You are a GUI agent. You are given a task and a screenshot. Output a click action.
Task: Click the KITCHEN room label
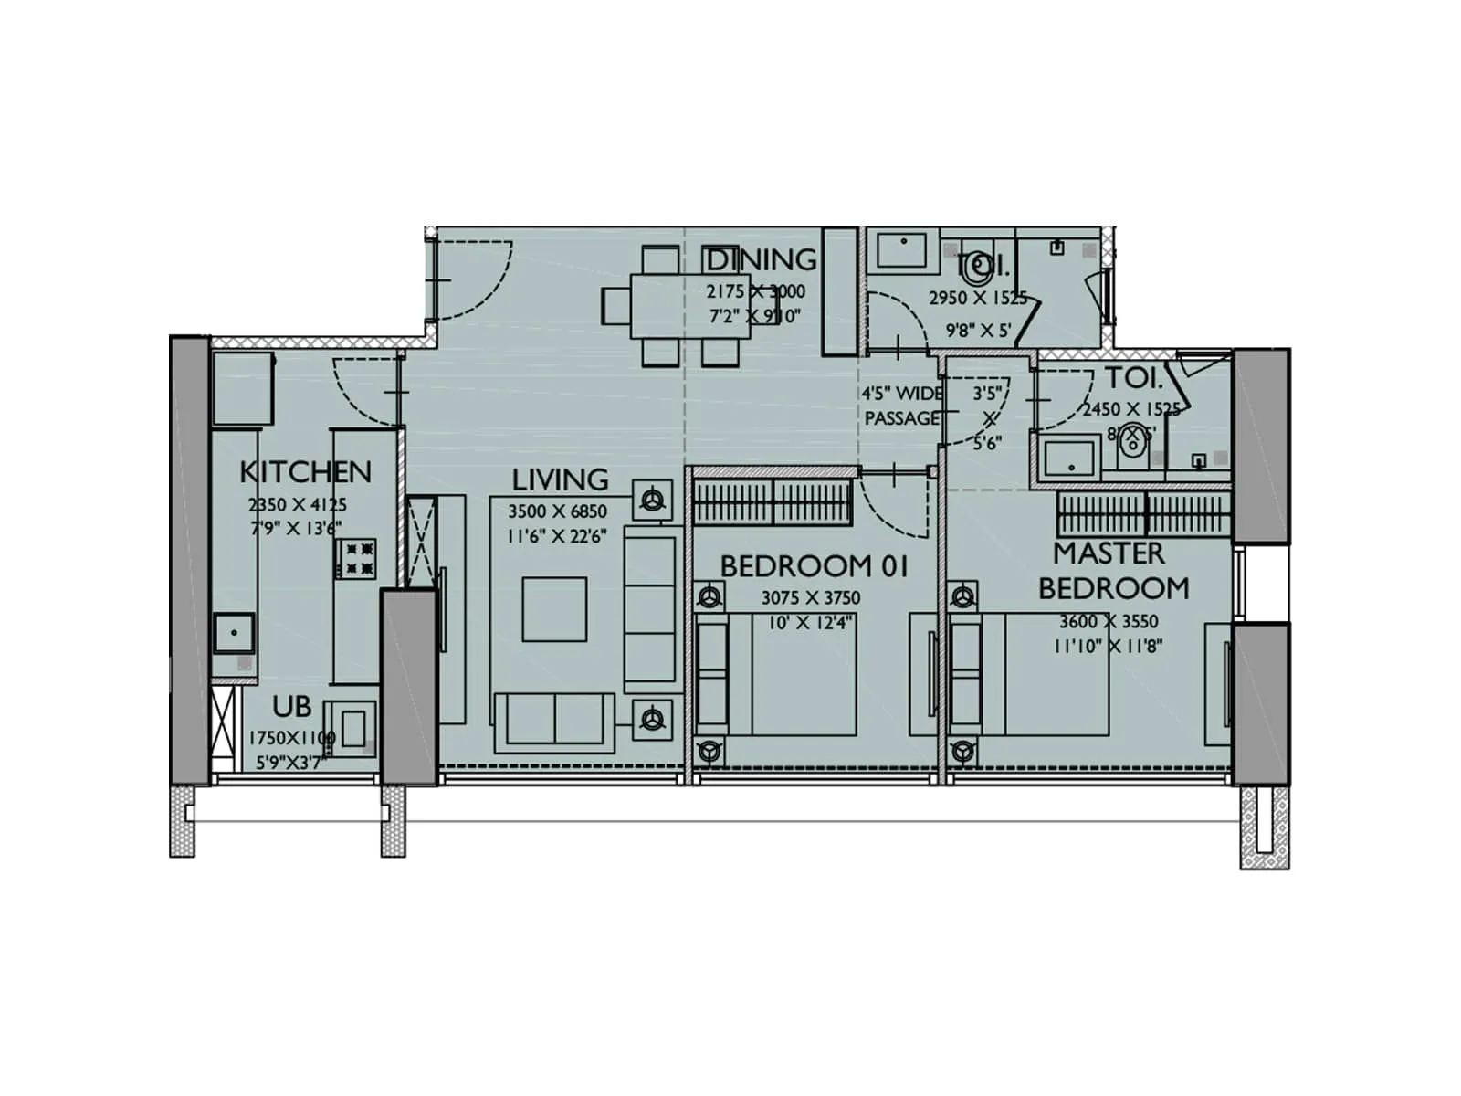[305, 472]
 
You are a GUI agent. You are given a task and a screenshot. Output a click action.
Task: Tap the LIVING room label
[559, 479]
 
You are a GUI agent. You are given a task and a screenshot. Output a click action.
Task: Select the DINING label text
[761, 259]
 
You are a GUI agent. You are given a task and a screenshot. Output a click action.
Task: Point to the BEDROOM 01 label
[815, 566]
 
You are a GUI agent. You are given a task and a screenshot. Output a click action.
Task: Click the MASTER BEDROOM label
[1112, 571]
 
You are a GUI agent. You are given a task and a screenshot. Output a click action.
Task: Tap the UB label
[291, 707]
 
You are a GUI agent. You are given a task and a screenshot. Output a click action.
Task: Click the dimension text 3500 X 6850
[557, 511]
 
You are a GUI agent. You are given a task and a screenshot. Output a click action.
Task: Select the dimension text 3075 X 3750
[811, 599]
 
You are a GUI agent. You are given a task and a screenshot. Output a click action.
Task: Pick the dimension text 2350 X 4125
[298, 505]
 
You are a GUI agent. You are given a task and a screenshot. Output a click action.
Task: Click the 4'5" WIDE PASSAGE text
[901, 406]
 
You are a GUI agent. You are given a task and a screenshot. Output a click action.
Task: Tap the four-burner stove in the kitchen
[356, 559]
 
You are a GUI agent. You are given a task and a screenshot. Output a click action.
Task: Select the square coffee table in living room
[554, 609]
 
